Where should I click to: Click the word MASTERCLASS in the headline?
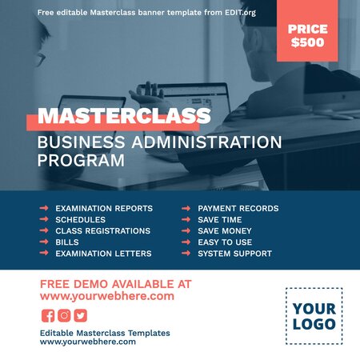click(x=124, y=117)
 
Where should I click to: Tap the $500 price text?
click(x=308, y=42)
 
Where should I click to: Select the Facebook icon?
click(x=48, y=315)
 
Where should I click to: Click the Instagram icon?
click(x=64, y=315)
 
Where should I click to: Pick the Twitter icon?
click(x=80, y=315)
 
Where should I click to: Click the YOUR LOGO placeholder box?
click(x=314, y=316)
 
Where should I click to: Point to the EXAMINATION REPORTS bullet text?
click(x=103, y=209)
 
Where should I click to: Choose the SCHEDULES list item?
click(x=80, y=220)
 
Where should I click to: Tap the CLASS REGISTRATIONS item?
click(x=102, y=231)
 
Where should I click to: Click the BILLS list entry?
click(x=67, y=242)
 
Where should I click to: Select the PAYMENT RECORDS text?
click(x=238, y=209)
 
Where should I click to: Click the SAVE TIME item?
click(x=219, y=220)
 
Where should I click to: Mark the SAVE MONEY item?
click(x=224, y=231)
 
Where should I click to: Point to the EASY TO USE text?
click(x=225, y=242)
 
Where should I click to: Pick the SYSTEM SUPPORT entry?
click(x=234, y=254)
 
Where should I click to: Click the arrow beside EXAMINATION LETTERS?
click(x=44, y=254)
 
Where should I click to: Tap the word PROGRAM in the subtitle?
click(x=81, y=160)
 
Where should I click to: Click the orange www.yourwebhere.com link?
click(x=106, y=296)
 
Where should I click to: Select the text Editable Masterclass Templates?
click(x=105, y=333)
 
